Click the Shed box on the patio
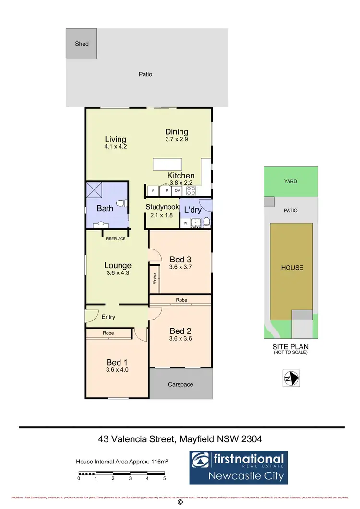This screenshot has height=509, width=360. point(82,44)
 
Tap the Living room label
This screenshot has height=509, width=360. point(115,140)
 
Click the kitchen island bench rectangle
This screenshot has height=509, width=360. point(168,165)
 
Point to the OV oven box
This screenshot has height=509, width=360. point(177,190)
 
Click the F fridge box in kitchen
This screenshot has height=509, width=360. point(153,190)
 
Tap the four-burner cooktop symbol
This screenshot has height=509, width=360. point(191,190)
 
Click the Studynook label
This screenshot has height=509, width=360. point(162,208)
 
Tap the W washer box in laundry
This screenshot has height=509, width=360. point(185,223)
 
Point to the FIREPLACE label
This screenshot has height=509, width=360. point(116,238)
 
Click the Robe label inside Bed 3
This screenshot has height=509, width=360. point(155,279)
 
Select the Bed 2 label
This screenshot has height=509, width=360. point(180,331)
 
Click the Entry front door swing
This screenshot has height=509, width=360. point(90,317)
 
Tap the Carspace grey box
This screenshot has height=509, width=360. point(180,384)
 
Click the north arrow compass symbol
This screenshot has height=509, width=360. point(291,379)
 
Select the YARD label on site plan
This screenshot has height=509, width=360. point(290,181)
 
